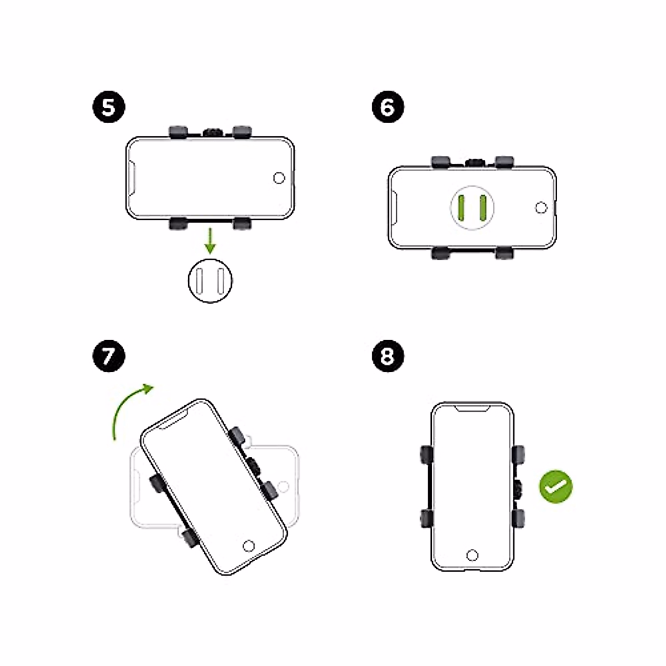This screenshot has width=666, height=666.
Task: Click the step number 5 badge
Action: tap(108, 108)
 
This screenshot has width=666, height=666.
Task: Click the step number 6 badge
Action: tap(387, 108)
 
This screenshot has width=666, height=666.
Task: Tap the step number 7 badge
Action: tap(108, 356)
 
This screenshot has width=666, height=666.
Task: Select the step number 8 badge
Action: tap(387, 356)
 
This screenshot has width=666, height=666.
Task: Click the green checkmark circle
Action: tap(556, 487)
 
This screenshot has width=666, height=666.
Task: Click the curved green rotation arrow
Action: tap(128, 408)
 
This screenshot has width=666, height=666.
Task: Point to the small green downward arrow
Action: tap(210, 240)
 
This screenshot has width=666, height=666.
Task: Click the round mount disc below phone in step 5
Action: tap(210, 281)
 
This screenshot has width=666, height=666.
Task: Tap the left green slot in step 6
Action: tap(461, 208)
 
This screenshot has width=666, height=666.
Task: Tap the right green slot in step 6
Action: tap(483, 208)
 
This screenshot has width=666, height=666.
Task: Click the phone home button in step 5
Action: tap(280, 178)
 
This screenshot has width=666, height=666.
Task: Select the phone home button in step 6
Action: tap(541, 208)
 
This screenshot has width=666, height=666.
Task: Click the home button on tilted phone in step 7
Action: tap(249, 545)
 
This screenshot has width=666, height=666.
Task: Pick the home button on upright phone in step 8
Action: tap(472, 555)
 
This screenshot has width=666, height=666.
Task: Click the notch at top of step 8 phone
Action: tap(472, 409)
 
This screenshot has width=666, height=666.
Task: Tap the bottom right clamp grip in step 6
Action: tap(504, 253)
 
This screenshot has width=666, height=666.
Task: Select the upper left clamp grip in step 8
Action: tap(426, 454)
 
